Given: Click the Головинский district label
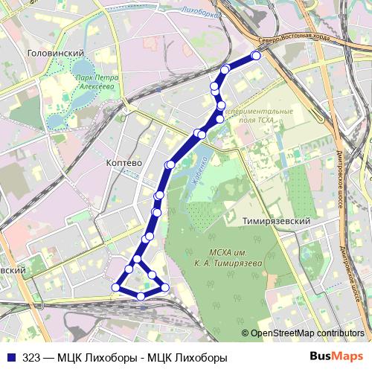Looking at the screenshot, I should [x=54, y=54].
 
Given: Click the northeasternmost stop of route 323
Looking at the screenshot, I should [x=256, y=56].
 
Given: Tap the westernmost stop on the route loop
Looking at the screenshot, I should [x=115, y=287].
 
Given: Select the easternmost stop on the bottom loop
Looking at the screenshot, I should [x=166, y=287].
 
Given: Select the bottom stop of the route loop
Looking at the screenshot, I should [x=141, y=297].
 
